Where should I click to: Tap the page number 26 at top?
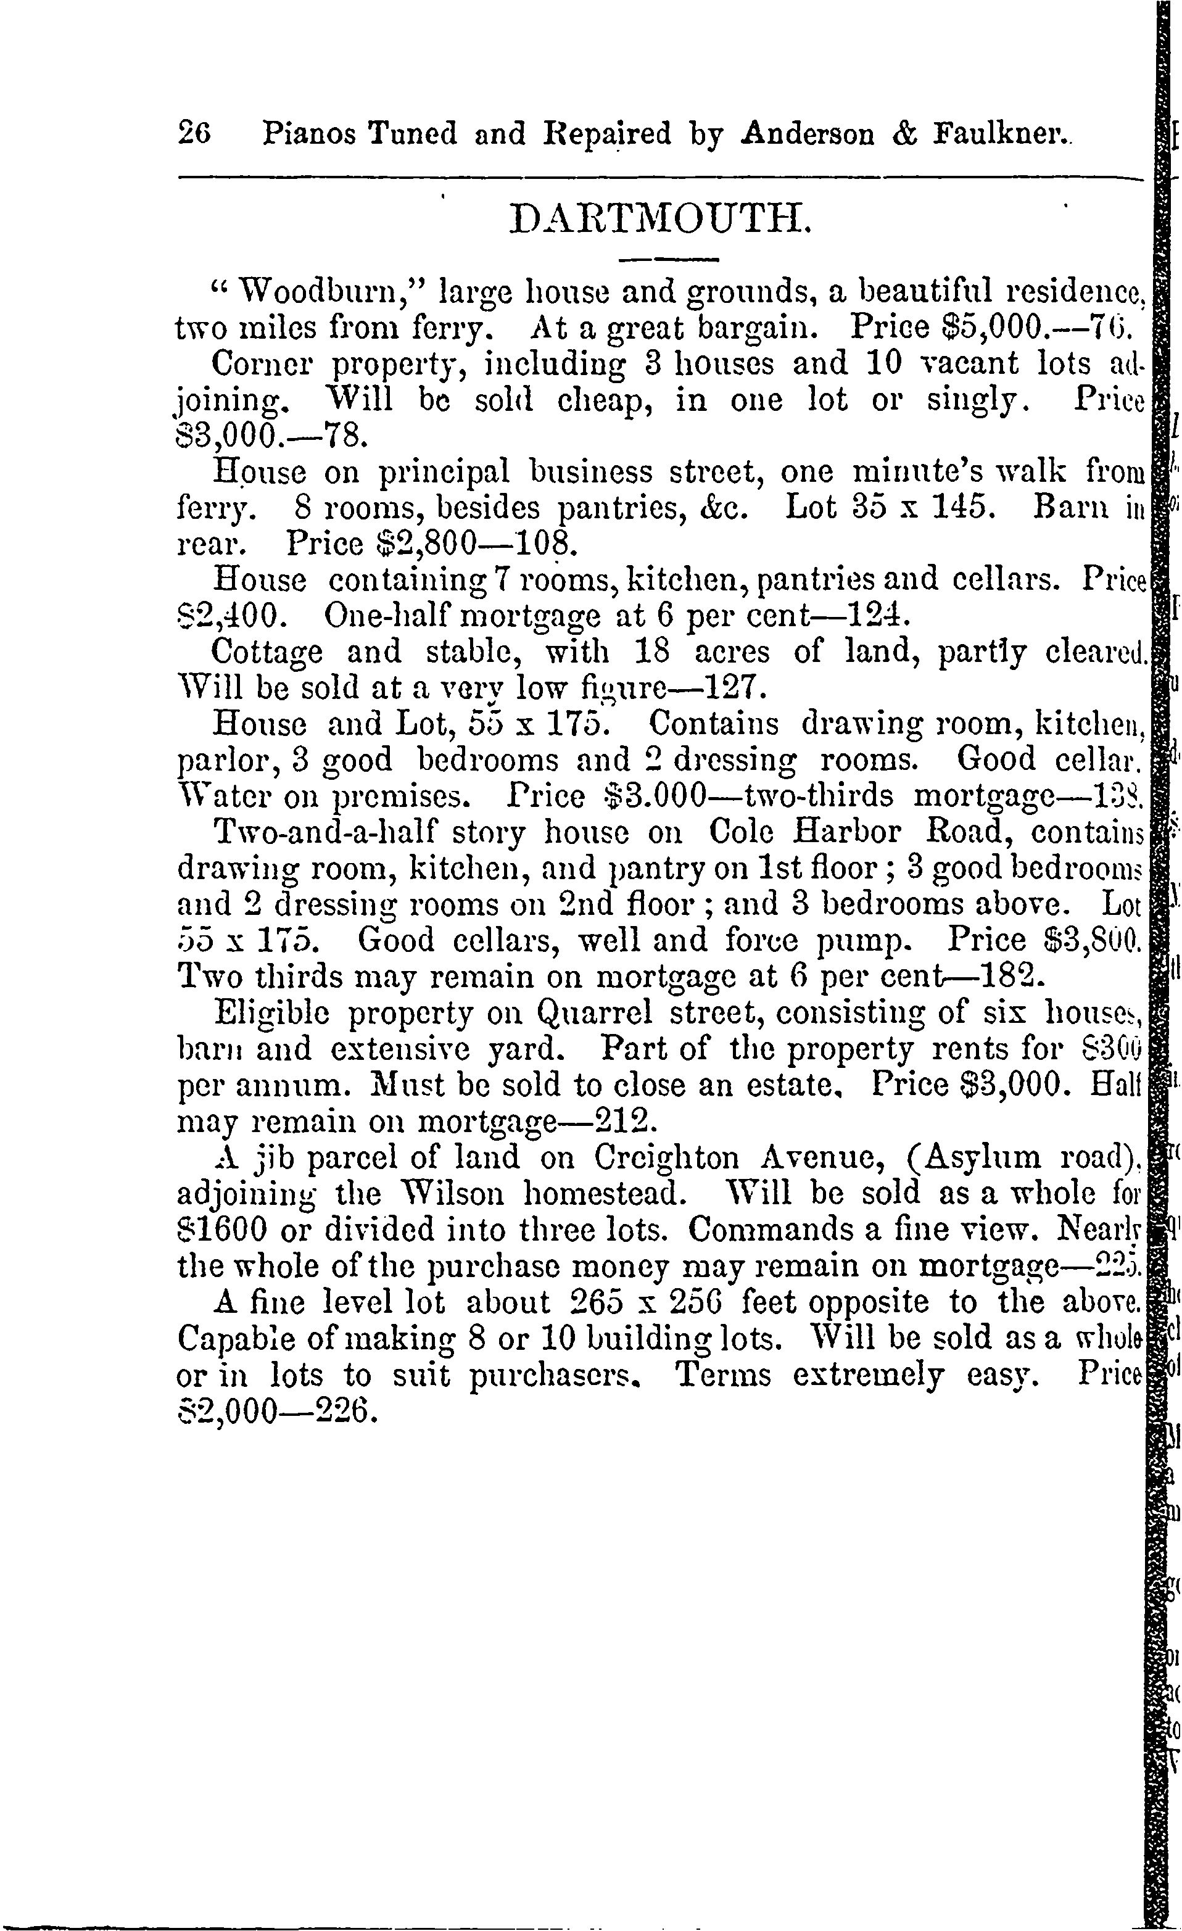pyautogui.click(x=195, y=133)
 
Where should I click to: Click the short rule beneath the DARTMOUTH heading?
pyautogui.click(x=669, y=259)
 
